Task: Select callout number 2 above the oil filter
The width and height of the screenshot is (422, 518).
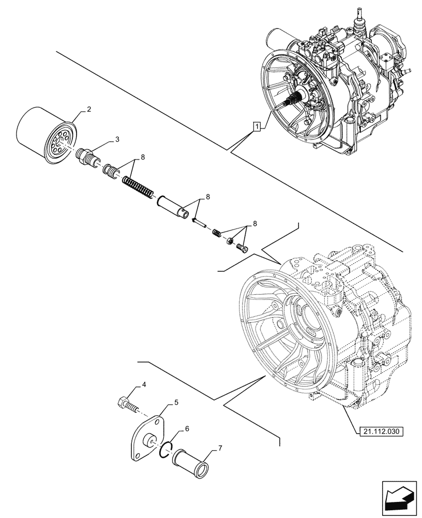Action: (89, 109)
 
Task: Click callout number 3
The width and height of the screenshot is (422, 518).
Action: (117, 139)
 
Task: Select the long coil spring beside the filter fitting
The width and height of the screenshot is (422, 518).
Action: (138, 187)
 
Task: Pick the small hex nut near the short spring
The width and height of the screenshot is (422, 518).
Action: (230, 240)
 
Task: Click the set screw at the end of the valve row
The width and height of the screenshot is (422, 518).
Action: (242, 248)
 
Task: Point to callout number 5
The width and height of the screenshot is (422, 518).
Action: (176, 402)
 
